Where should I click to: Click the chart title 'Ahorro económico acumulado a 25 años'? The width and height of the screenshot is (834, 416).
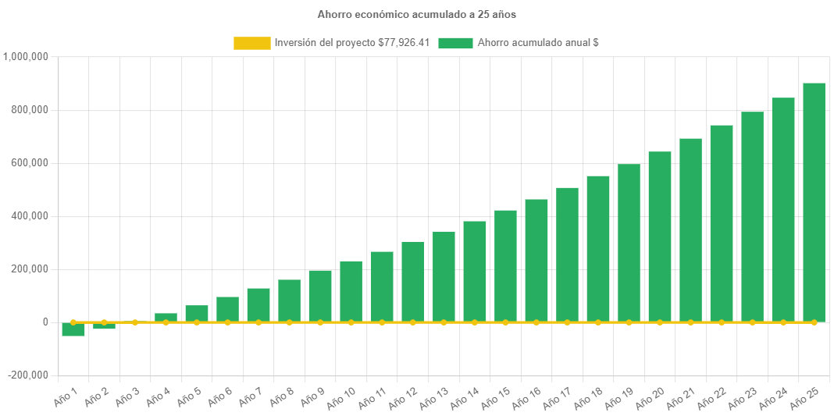416,14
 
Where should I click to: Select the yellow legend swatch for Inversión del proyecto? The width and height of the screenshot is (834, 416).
251,43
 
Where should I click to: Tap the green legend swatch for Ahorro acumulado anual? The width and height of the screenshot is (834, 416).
455,43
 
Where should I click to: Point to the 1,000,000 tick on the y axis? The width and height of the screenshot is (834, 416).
27,56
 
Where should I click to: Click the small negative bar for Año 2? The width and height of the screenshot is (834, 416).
104,326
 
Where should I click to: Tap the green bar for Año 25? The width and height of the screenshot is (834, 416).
814,203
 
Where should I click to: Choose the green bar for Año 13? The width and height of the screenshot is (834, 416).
444,276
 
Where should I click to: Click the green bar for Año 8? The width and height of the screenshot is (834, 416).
289,300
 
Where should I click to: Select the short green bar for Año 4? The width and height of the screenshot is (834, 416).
166,316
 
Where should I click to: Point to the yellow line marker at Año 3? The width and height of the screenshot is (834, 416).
135,322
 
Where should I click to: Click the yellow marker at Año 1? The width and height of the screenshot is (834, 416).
73,322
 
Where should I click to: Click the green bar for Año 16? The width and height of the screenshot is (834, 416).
536,261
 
